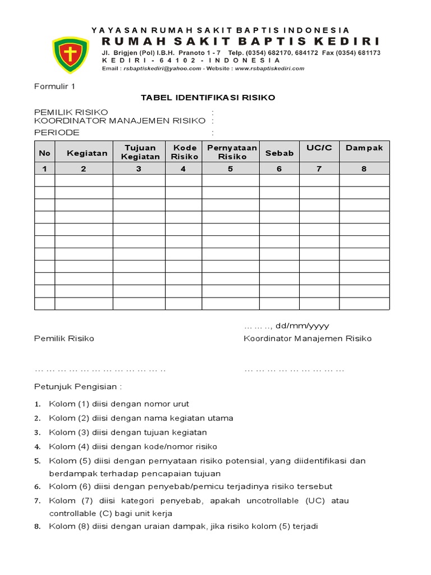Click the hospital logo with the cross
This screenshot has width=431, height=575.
tap(70, 54)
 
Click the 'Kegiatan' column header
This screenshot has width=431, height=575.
tap(87, 153)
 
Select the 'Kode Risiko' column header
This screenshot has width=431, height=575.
tap(185, 152)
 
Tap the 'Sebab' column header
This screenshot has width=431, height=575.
tap(279, 153)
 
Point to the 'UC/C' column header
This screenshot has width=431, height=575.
tap(319, 148)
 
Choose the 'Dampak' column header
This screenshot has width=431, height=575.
tap(364, 148)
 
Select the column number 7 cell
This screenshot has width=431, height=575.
tap(319, 168)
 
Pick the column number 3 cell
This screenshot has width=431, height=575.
tap(139, 168)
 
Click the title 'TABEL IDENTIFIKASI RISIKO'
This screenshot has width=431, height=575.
tap(208, 97)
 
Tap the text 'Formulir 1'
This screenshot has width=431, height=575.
tap(54, 86)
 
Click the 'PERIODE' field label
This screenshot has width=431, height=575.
tap(57, 133)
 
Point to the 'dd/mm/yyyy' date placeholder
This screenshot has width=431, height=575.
tap(302, 326)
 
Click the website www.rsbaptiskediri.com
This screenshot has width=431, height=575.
tap(270, 69)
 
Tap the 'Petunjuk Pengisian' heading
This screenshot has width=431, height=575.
tap(77, 387)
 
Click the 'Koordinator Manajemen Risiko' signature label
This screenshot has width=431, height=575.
tap(308, 339)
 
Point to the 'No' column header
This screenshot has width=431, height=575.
tap(45, 153)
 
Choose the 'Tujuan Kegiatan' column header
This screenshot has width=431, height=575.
tap(139, 152)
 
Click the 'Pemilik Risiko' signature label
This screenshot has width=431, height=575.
tap(64, 339)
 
